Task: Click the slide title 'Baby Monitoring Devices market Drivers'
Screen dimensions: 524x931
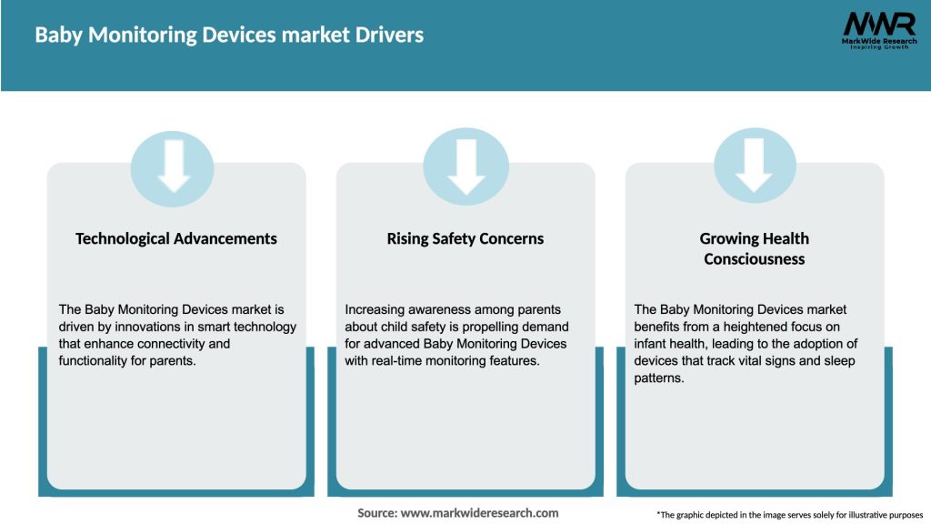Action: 229,35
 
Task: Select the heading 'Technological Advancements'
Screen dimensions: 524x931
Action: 176,238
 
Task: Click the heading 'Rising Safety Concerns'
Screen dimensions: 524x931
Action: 465,238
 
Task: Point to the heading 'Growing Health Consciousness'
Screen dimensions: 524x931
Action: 754,248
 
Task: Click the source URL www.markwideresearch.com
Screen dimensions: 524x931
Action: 480,513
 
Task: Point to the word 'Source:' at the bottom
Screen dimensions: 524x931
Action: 377,513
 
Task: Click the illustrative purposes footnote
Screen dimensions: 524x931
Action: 789,515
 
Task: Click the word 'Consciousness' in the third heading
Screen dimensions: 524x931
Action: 754,258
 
